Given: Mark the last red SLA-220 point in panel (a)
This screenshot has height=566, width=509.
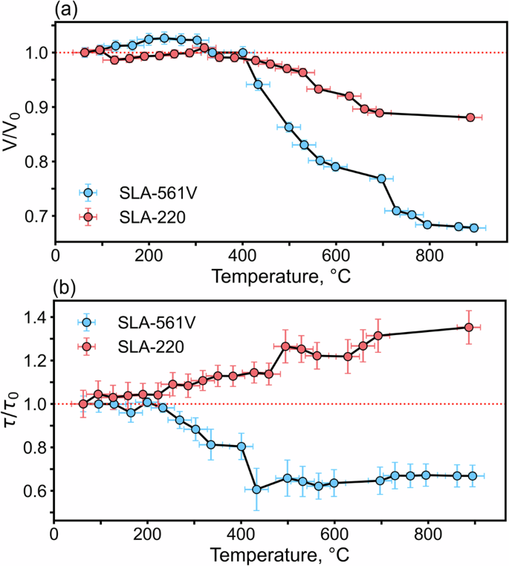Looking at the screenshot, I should [470, 117].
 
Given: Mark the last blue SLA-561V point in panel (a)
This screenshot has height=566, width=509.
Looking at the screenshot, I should [473, 228].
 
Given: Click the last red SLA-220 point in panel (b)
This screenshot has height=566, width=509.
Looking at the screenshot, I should [469, 327].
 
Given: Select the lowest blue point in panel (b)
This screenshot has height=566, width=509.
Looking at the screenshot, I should [256, 489].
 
